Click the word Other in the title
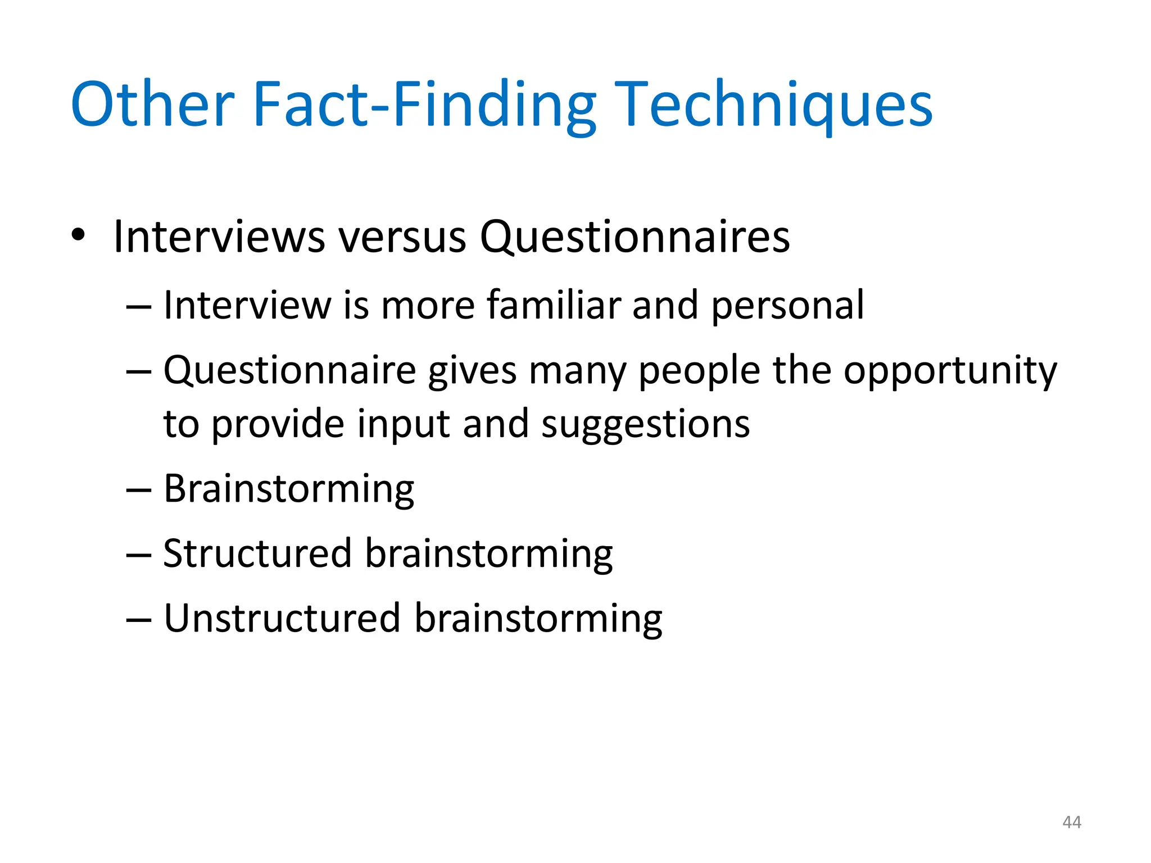tap(152, 105)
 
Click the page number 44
tap(1072, 823)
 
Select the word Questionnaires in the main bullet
tap(635, 237)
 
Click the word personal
tap(787, 306)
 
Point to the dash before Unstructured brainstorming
tap(139, 620)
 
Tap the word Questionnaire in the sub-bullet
tap(289, 371)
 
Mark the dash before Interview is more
tap(139, 307)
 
